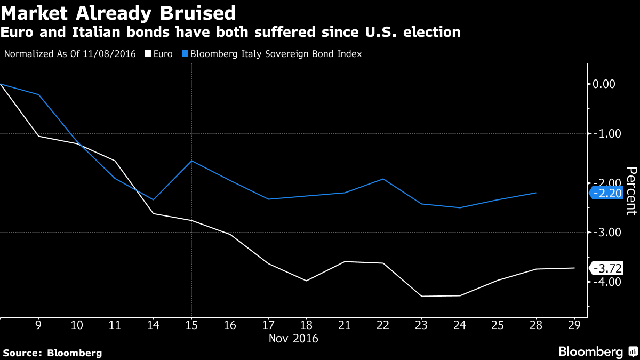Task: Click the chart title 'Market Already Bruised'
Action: coord(118,11)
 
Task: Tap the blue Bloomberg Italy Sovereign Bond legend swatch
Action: coord(185,54)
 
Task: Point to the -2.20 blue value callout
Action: coord(606,193)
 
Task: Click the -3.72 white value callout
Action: coord(606,268)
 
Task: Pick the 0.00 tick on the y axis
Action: coord(603,84)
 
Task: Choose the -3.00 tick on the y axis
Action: coord(603,232)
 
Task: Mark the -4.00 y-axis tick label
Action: coord(603,282)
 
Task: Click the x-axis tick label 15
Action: coord(191,325)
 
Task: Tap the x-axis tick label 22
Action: coord(383,325)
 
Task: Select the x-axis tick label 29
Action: coord(574,325)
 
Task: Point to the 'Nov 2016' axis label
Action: coord(293,338)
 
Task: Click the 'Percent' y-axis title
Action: coord(631,190)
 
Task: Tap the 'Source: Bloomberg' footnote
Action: coord(52,353)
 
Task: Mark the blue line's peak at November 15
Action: coord(191,161)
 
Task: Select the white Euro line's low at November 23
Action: coord(421,296)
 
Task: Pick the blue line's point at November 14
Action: coord(154,199)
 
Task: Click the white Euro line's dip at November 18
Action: coord(306,281)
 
